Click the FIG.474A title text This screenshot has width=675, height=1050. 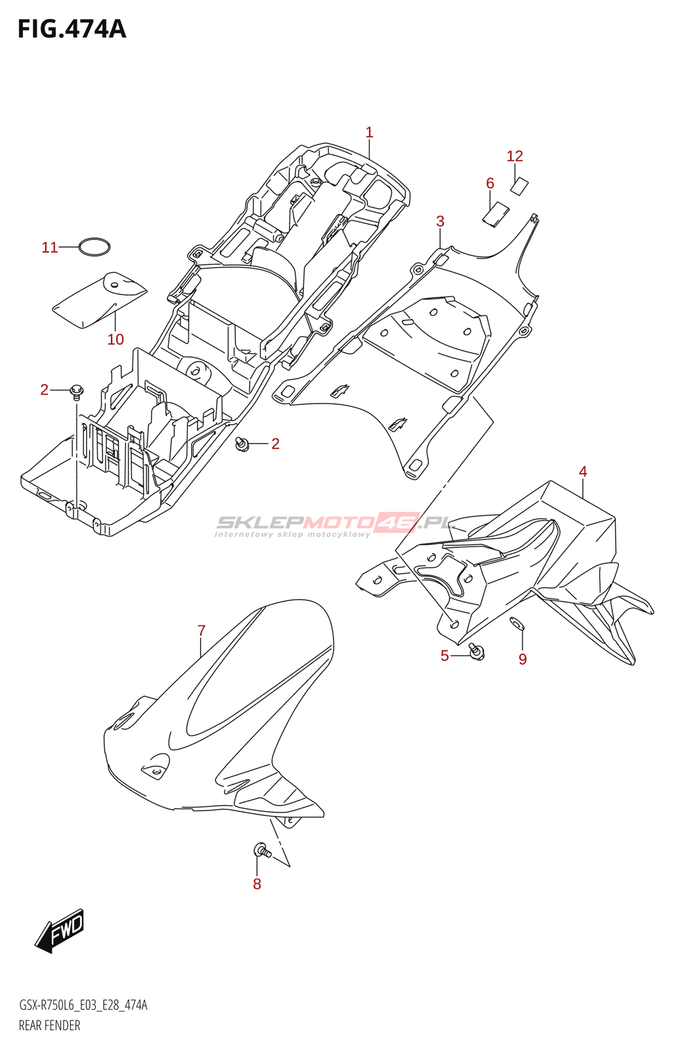(x=72, y=30)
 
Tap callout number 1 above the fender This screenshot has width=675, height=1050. (x=369, y=133)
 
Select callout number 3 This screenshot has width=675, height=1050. (x=440, y=222)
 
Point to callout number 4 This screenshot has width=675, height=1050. (x=582, y=472)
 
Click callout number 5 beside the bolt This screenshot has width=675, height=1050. (x=445, y=656)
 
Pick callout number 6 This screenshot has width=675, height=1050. (x=490, y=184)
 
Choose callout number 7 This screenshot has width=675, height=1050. (x=202, y=631)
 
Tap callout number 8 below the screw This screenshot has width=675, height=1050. (x=257, y=885)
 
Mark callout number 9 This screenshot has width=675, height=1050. (x=523, y=660)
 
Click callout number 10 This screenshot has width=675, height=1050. (x=116, y=340)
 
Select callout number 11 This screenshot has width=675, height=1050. (x=50, y=248)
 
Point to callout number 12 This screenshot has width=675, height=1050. (x=515, y=156)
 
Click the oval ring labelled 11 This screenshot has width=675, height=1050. (x=94, y=247)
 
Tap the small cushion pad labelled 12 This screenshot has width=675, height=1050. (x=519, y=186)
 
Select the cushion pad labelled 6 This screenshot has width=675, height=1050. (x=496, y=215)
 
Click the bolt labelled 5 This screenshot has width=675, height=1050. (x=477, y=652)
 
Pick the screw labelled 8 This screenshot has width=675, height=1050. (x=261, y=850)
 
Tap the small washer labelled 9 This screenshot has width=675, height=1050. (x=517, y=623)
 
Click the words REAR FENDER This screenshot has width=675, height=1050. (x=50, y=1026)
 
